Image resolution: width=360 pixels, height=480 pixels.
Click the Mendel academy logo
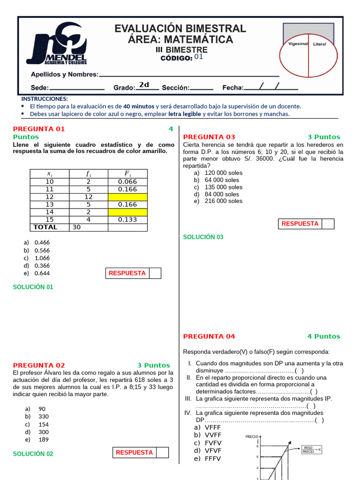coord(57,44)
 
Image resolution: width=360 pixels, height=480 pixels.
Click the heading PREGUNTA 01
coord(39,129)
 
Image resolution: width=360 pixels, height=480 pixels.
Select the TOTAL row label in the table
coord(45,227)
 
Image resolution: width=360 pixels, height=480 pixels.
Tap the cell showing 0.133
coord(127,219)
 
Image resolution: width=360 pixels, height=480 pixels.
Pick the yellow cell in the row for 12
coord(127,197)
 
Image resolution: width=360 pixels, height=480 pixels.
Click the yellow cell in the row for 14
coord(127,212)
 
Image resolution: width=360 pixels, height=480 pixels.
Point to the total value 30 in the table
coord(77,227)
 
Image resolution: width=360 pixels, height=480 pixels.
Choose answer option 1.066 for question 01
coord(42,258)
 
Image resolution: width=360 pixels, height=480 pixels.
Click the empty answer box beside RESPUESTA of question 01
coord(155,273)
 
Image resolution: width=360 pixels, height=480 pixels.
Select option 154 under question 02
coord(44,424)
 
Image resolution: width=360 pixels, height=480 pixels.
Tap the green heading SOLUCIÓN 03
coord(203,237)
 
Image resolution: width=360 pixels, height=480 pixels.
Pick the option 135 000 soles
coord(224,187)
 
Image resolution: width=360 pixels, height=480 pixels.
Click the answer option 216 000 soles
coord(224,201)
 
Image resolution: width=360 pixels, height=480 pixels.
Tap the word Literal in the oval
coord(319,44)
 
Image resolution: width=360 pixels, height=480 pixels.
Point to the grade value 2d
coord(144,85)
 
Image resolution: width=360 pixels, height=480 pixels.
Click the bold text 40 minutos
coord(139,106)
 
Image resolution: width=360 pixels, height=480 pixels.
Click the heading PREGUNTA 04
coord(209,337)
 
